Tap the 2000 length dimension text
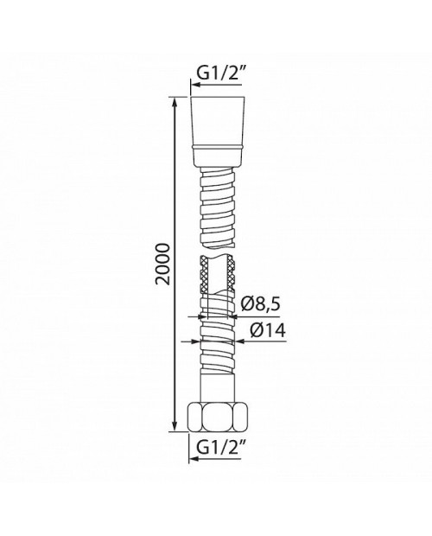pos(162,264)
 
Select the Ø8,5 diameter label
pos(260,304)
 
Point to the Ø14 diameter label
pos(267,330)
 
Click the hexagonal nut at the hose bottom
pos(218,417)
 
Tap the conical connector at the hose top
pos(218,132)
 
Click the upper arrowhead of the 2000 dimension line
pos(175,104)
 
